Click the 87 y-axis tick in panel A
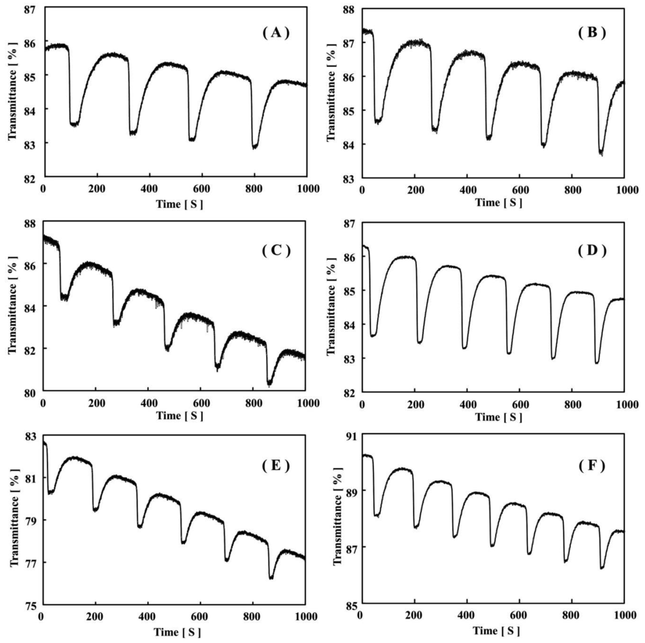point(31,10)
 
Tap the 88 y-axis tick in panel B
point(350,10)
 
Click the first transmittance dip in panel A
point(75,123)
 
